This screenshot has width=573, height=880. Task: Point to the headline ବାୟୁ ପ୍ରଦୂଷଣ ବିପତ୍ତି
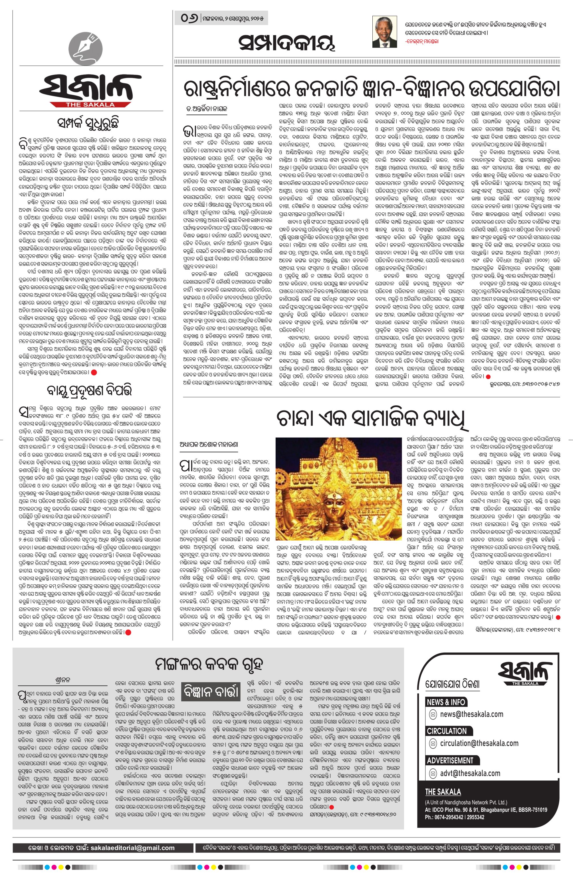coord(86,392)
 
